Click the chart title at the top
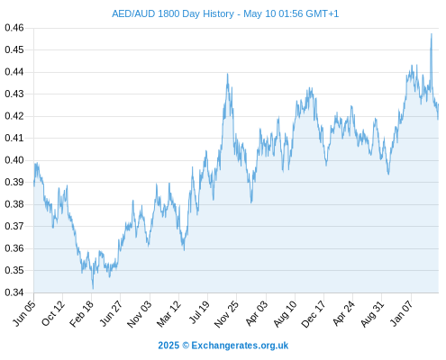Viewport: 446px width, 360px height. (x=225, y=13)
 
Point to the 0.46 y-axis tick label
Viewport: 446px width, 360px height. (x=14, y=28)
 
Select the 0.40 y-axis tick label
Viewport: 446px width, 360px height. (x=14, y=160)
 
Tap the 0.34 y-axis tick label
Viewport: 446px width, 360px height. (x=14, y=292)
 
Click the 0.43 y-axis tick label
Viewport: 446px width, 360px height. (x=14, y=94)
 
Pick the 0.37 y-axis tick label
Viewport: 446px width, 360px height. (x=14, y=226)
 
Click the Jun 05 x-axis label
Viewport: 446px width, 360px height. (x=24, y=313)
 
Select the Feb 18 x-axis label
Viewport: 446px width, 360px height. (x=82, y=314)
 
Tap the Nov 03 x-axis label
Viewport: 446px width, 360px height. (x=140, y=314)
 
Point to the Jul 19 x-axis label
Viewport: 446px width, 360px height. (x=199, y=312)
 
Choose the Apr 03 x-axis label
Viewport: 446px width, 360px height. (x=256, y=313)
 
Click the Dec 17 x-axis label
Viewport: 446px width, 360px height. (x=314, y=314)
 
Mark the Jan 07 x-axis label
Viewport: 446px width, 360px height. (x=401, y=313)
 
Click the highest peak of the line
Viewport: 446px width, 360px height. (x=432, y=33)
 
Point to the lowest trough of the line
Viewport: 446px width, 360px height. (x=93, y=289)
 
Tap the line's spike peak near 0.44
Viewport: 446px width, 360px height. (x=227, y=74)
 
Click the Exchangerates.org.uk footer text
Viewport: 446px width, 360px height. (x=240, y=346)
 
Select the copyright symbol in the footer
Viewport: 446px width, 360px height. (x=186, y=346)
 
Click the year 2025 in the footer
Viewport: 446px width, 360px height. (x=168, y=346)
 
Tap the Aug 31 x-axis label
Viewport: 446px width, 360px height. (x=373, y=314)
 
